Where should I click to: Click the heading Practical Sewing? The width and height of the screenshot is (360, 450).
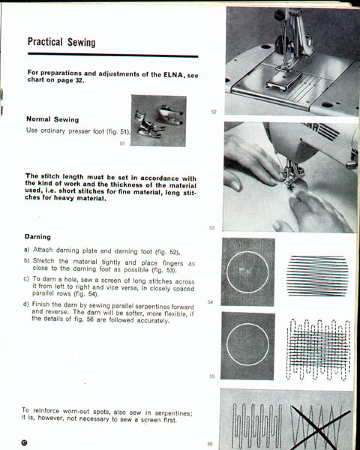[61, 42]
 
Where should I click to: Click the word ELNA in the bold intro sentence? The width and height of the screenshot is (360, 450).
[173, 75]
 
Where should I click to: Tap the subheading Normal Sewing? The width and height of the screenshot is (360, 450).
[52, 119]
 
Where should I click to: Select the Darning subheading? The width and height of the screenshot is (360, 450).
[37, 237]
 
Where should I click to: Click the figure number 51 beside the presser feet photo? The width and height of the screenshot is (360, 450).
[122, 143]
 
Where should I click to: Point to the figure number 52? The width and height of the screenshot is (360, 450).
[214, 112]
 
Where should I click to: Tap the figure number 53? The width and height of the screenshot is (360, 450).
[211, 228]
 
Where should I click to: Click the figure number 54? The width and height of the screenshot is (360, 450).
[210, 302]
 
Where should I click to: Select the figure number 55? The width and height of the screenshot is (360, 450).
[211, 376]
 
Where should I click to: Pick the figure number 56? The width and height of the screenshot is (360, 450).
[210, 444]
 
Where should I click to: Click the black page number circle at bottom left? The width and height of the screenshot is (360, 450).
[25, 442]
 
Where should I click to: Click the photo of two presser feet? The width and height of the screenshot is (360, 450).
[158, 121]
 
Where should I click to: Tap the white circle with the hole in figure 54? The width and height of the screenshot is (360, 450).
[247, 251]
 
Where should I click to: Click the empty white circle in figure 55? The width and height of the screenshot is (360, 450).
[247, 323]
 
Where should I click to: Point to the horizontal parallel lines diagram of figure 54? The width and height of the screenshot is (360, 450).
[317, 276]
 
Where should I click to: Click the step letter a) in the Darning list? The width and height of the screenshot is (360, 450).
[27, 250]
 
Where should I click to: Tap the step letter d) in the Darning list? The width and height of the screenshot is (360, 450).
[25, 304]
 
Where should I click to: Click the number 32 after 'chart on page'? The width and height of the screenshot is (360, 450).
[79, 80]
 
